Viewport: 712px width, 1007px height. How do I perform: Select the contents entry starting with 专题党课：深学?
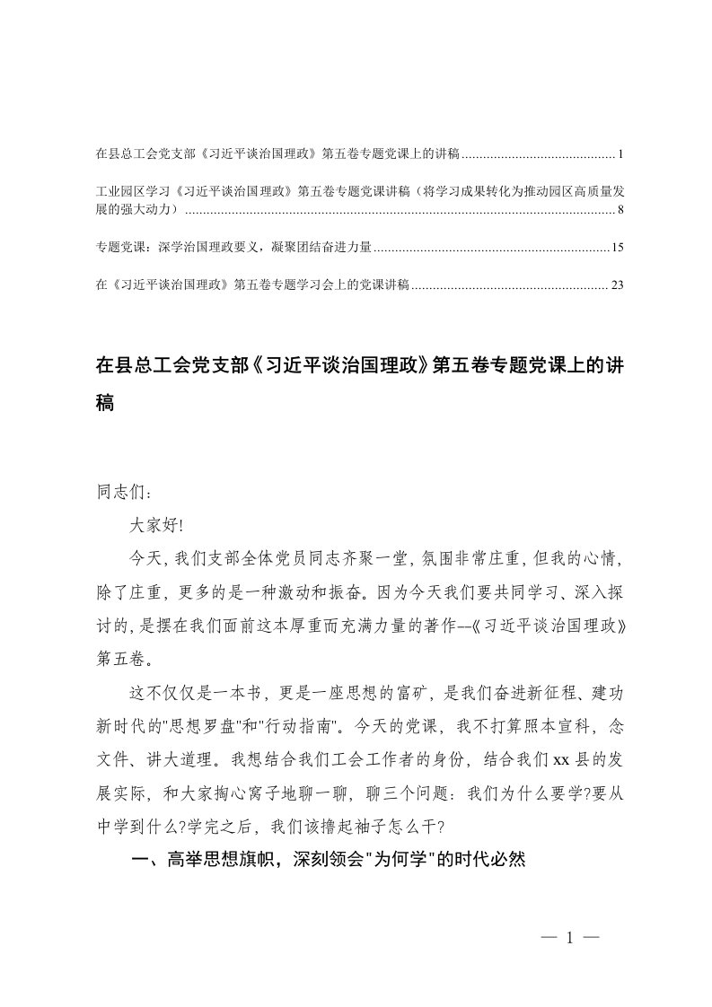point(233,247)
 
